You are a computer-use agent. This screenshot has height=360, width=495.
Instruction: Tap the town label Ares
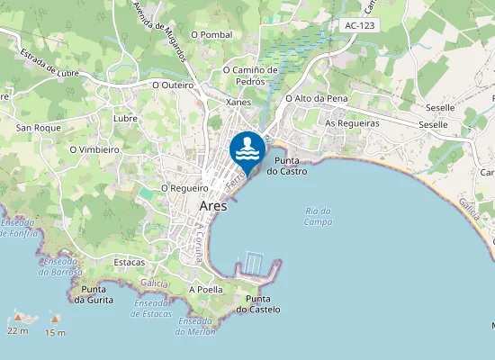click(212, 206)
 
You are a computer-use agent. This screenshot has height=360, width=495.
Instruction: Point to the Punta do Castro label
click(291, 165)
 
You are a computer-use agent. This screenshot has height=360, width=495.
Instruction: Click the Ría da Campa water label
click(318, 216)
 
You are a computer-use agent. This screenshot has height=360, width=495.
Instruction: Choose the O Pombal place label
click(211, 34)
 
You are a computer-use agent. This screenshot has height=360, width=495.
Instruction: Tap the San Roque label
click(39, 128)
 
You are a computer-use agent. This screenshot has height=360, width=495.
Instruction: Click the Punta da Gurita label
click(97, 294)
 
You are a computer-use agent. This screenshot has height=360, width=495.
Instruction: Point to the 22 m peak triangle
click(18, 318)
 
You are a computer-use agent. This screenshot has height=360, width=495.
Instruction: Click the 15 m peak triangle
click(55, 319)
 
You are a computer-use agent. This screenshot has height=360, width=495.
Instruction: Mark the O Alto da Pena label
click(316, 99)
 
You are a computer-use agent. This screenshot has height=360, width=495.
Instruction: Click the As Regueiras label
click(352, 122)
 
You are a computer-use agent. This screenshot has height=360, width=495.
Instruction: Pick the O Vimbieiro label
click(94, 149)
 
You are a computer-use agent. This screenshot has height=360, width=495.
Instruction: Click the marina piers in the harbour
click(254, 264)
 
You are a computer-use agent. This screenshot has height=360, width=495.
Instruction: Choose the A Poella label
click(205, 290)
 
